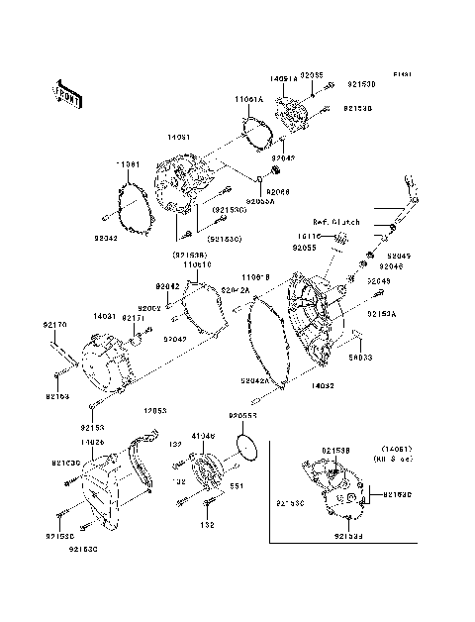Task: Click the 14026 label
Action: (93, 441)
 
